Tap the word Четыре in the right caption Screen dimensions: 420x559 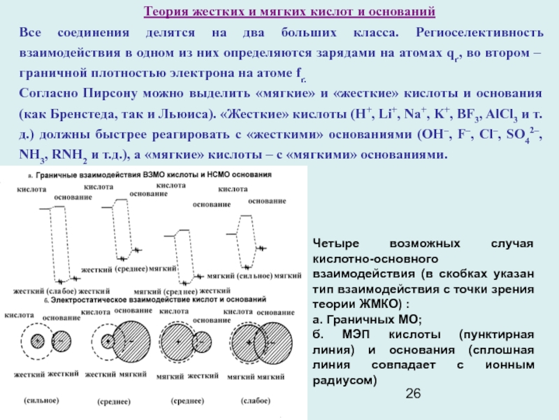pos(338,244)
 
